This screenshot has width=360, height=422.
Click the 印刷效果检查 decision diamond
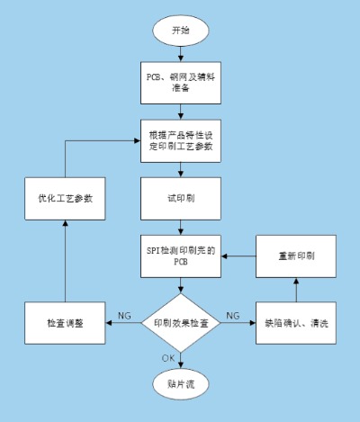pyautogui.click(x=180, y=320)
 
